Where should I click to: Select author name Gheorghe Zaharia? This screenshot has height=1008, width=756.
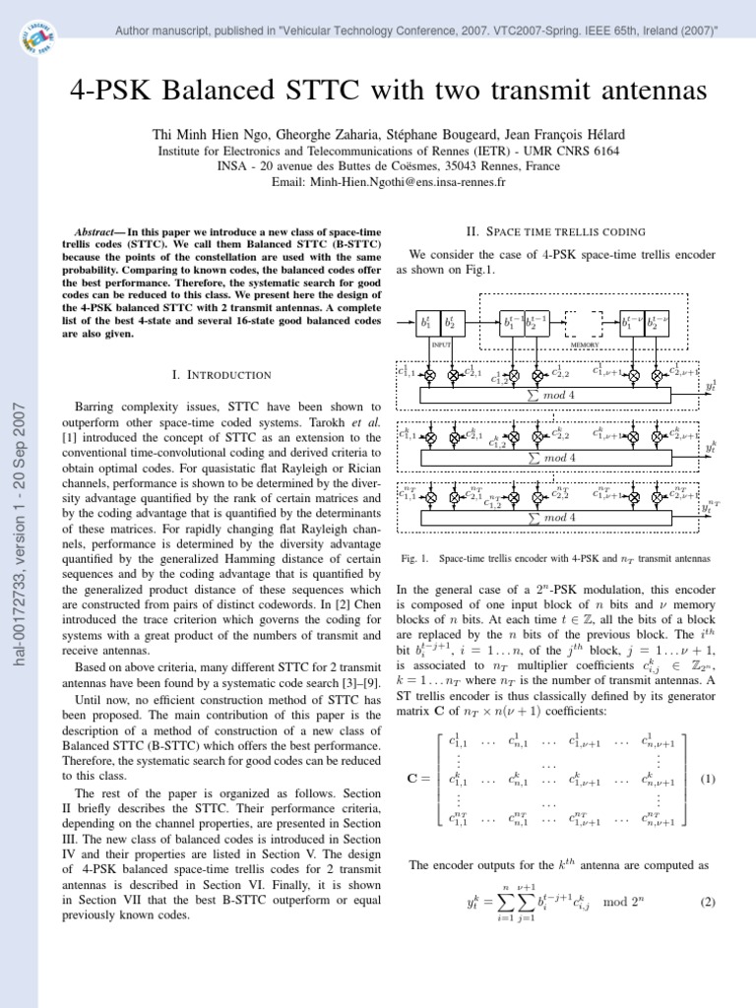(313, 134)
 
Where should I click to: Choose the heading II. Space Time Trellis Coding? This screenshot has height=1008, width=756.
(554, 231)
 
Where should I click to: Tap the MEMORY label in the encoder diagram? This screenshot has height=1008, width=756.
(585, 346)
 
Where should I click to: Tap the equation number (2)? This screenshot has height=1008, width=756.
(706, 902)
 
